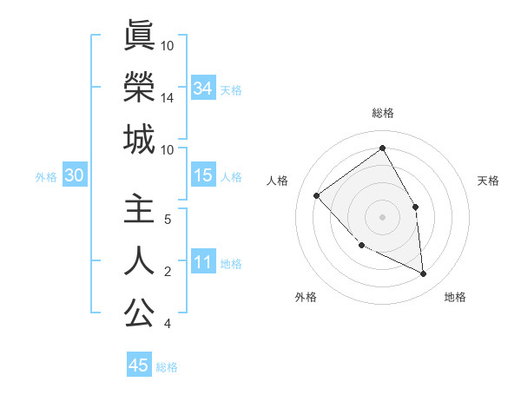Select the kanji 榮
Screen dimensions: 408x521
pos(139,87)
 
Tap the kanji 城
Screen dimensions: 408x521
pos(139,139)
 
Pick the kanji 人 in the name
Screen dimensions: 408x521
pos(139,261)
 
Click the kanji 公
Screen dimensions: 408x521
pos(139,313)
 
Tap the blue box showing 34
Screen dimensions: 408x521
pos(202,88)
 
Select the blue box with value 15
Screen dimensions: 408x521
pos(202,176)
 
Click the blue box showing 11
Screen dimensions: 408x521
pos(202,262)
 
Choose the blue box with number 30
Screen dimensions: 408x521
pos(74,176)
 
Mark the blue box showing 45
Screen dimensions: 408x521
pos(139,365)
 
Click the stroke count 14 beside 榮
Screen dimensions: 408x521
pos(167,98)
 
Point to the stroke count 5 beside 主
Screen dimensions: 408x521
pos(167,220)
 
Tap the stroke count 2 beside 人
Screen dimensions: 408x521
pos(167,272)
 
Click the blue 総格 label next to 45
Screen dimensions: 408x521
pos(167,367)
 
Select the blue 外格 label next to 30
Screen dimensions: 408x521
pos(46,177)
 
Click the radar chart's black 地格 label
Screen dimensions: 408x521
pos(455,297)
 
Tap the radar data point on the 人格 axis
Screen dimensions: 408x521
pos(317,195)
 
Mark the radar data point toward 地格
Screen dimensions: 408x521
pos(423,273)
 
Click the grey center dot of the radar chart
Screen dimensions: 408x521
pos(382,215)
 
